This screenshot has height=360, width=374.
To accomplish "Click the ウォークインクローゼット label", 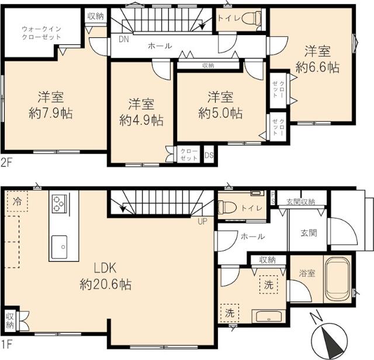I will point(41,33).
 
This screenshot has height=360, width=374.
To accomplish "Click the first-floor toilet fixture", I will point(227,206).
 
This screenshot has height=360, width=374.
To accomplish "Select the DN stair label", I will point(123,40).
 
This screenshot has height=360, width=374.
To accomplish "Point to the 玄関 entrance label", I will point(309,233).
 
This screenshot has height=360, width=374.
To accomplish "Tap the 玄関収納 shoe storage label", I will point(300,202).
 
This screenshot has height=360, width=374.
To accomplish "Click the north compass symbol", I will point(328,339).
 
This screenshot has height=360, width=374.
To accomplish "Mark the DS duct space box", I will point(209,155).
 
